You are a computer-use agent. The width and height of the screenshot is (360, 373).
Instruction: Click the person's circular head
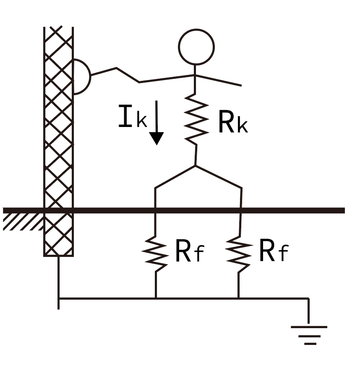point(196,47)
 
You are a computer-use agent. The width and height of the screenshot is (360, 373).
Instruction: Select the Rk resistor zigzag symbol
point(196,119)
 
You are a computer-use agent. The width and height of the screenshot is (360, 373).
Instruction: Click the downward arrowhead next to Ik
point(157,138)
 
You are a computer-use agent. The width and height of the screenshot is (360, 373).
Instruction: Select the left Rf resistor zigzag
point(156,251)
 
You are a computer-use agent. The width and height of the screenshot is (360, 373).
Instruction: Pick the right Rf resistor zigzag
point(240,251)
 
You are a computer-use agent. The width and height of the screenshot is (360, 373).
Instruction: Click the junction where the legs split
point(195,166)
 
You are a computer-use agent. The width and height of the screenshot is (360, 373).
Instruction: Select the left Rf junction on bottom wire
point(156,298)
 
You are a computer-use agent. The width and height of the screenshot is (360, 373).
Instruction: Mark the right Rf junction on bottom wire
point(239,298)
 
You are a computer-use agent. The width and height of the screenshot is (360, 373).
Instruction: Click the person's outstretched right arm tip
point(241,85)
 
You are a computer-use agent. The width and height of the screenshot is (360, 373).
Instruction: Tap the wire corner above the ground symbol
point(309,299)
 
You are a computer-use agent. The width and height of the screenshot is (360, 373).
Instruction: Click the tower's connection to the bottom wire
point(58,298)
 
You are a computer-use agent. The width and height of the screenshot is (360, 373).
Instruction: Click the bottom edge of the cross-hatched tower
point(58,255)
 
